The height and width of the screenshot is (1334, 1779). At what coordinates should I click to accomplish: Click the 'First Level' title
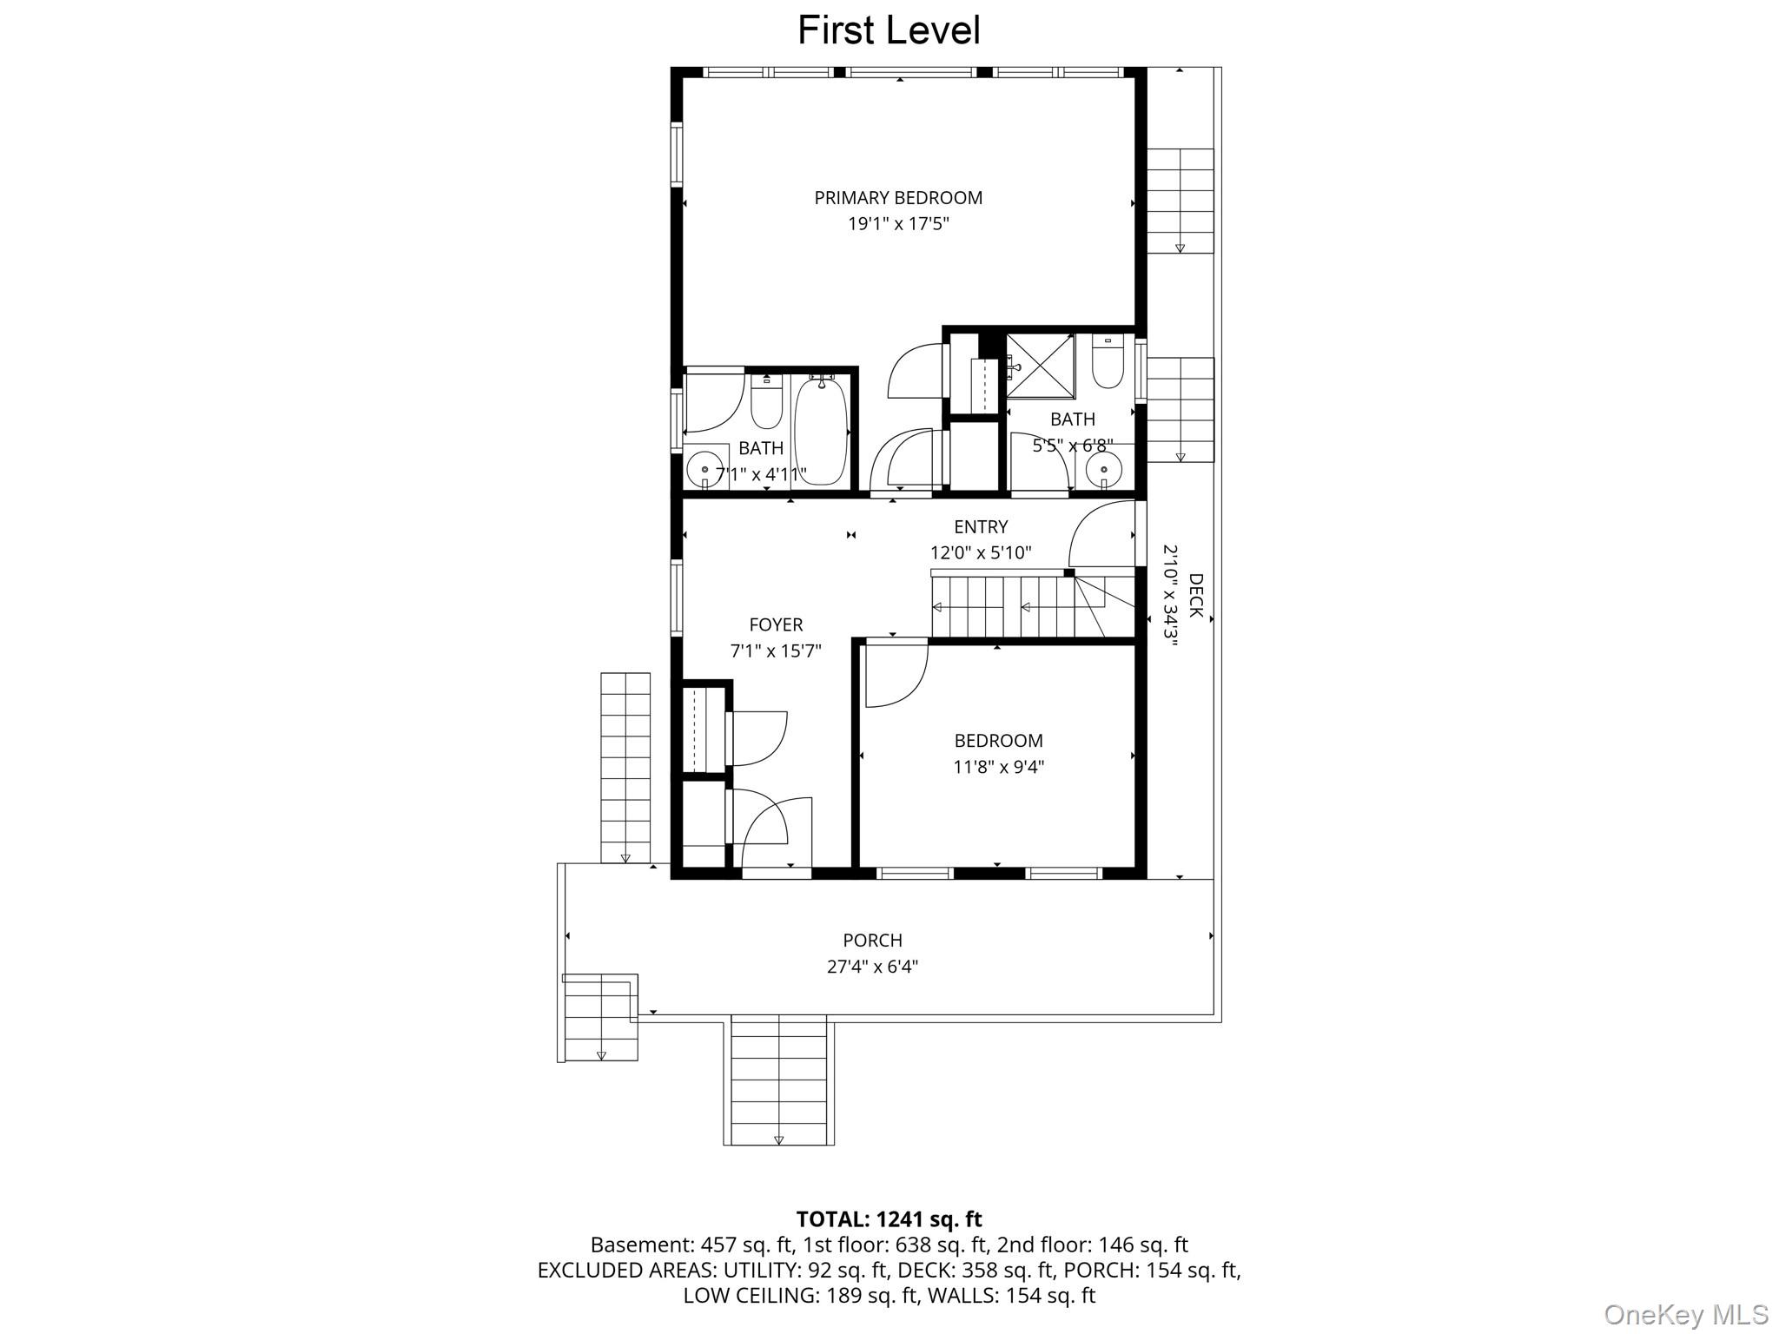889,30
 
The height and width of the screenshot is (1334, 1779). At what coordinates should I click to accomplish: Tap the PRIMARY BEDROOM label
898,198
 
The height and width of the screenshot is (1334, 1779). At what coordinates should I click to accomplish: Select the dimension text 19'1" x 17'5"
898,224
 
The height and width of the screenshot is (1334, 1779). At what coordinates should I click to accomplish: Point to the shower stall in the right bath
1040,367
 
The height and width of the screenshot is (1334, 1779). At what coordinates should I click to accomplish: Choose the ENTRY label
981,527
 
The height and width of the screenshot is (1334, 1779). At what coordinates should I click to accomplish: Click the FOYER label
776,624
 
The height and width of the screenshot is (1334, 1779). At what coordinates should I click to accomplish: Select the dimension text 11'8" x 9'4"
998,767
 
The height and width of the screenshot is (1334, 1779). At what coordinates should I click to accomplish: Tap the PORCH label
872,941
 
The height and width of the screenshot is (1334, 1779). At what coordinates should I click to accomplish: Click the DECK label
1195,596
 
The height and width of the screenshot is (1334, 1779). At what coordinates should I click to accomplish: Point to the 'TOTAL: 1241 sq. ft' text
889,1219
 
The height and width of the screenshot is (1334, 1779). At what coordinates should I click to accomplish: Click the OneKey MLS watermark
1686,1315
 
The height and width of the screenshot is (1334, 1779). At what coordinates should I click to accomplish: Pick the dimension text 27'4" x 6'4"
872,967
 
